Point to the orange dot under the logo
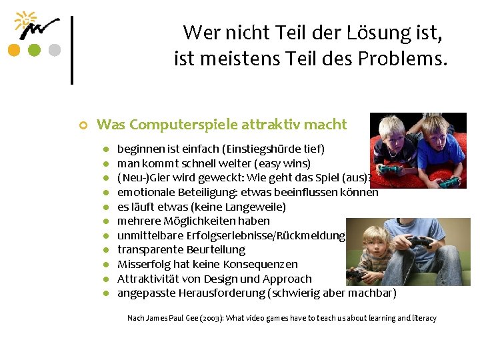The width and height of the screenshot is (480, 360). coord(13,50)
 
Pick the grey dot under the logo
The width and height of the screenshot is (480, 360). coord(55,50)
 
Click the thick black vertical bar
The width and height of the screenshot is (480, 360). coord(71,49)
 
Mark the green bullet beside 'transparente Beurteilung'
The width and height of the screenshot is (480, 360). coord(105,250)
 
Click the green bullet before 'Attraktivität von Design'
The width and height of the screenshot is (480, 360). coord(105,279)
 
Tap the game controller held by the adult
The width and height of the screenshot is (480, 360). coord(419,243)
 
